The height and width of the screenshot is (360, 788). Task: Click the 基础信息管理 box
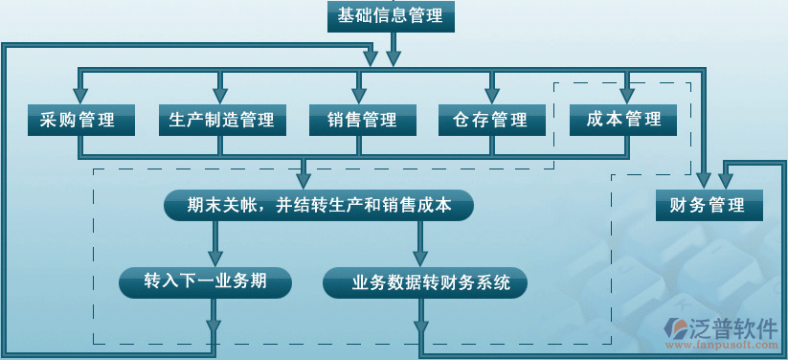coord(391,16)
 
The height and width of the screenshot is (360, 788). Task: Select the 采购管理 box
coord(79,121)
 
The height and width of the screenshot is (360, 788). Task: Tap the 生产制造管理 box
coord(221,121)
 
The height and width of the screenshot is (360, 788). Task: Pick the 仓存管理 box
coord(491,121)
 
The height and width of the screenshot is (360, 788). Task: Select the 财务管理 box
coord(708,205)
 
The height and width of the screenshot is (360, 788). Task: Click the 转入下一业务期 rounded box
coord(205,282)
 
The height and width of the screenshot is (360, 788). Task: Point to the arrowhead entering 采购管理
coord(79,97)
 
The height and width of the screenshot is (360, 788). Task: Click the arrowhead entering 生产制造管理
coord(221,97)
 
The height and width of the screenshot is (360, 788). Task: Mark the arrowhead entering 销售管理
coord(360,97)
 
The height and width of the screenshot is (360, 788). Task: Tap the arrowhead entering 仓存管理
coord(491,97)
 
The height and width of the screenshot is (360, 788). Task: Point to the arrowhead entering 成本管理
coord(627,97)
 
